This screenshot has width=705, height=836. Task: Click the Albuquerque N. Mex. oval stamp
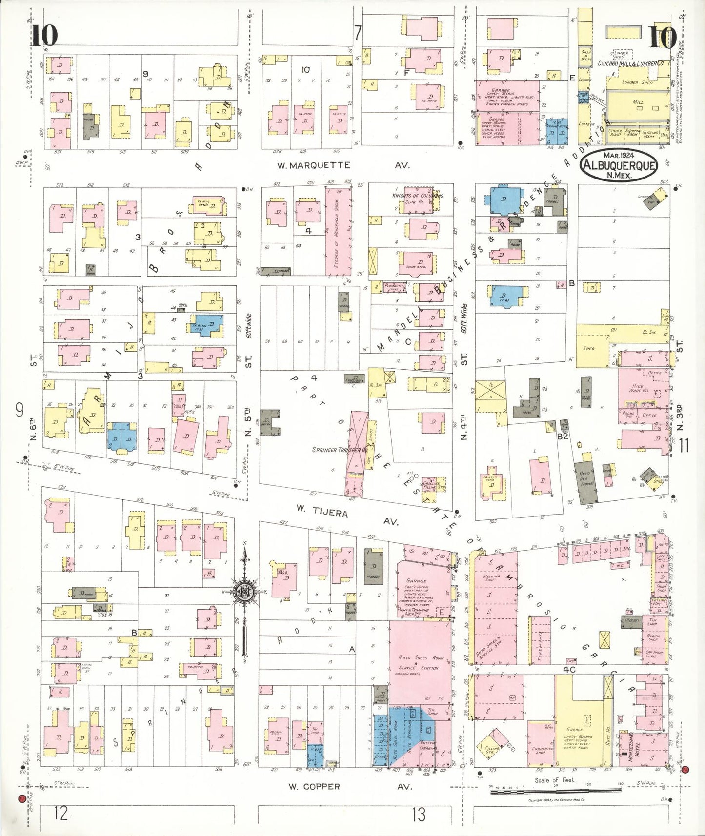click(619, 166)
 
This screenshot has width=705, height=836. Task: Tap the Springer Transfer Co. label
click(340, 450)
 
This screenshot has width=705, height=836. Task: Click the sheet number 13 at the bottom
click(418, 814)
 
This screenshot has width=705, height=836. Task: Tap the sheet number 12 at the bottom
click(61, 814)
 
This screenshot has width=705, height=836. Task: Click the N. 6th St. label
click(33, 426)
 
